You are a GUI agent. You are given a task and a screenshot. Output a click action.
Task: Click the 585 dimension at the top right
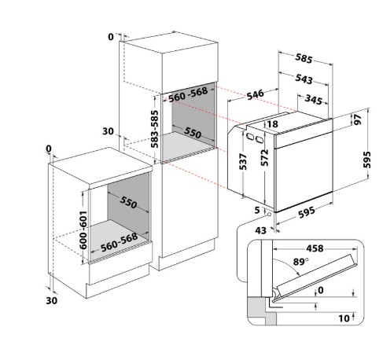click(x=304, y=58)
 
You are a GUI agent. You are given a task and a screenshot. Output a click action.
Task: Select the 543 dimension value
click(x=304, y=79)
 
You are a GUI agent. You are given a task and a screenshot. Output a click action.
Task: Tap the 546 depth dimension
click(x=255, y=94)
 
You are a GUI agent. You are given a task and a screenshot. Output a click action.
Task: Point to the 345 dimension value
click(x=314, y=100)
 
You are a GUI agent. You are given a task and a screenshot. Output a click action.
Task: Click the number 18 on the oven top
click(x=273, y=124)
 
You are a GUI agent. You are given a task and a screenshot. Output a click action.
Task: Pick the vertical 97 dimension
click(x=358, y=119)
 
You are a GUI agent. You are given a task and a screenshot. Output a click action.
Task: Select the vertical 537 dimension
click(x=243, y=161)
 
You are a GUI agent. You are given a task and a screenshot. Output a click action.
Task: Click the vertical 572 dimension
click(x=265, y=157)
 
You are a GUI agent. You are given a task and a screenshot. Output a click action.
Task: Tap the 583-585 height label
click(x=155, y=129)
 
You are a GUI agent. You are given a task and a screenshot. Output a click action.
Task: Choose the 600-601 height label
click(x=83, y=230)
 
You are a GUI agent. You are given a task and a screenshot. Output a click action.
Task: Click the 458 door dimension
click(x=315, y=248)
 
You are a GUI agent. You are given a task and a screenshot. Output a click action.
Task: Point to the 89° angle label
click(x=300, y=262)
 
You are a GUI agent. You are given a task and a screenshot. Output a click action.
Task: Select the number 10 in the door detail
click(x=344, y=318)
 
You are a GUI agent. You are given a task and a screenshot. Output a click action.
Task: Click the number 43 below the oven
click(x=260, y=230)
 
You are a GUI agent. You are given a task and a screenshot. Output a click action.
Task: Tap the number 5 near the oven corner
click(x=257, y=210)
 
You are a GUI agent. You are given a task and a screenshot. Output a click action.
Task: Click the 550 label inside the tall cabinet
click(x=193, y=133)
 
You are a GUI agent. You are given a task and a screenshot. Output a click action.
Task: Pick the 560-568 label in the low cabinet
click(x=120, y=242)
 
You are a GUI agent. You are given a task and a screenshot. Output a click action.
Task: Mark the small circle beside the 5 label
click(x=269, y=215)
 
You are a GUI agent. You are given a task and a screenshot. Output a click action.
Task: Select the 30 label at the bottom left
click(x=52, y=300)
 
